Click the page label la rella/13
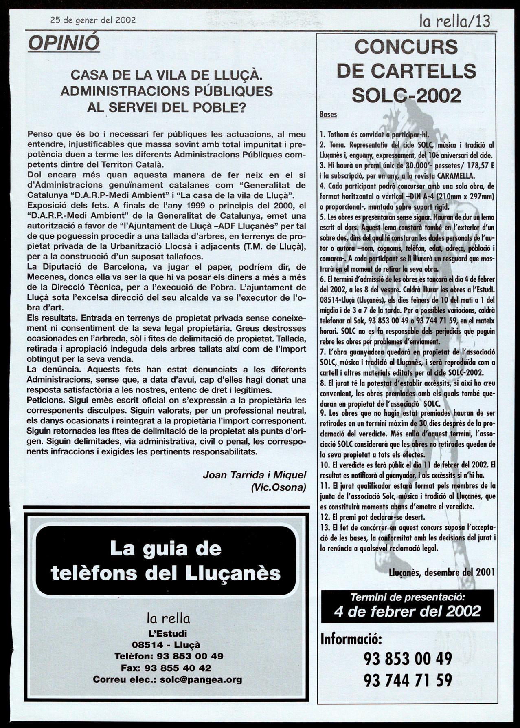click(x=455, y=21)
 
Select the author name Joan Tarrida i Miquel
click(x=254, y=475)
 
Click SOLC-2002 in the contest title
click(x=406, y=95)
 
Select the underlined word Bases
click(x=328, y=115)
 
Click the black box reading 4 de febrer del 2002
click(x=407, y=611)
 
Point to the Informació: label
click(x=351, y=639)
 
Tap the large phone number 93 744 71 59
click(x=408, y=680)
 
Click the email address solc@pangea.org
click(x=201, y=679)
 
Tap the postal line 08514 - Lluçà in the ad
click(x=166, y=645)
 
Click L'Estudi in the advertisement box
click(x=167, y=633)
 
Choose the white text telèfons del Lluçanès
click(x=166, y=573)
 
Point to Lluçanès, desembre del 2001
click(x=442, y=572)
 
